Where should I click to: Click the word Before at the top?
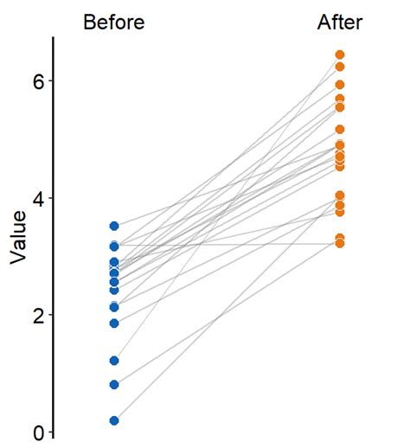(x=113, y=22)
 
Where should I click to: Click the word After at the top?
(x=340, y=22)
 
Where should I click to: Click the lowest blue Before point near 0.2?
(x=114, y=420)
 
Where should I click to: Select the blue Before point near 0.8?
(x=114, y=385)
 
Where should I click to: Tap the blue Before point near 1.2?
(x=114, y=361)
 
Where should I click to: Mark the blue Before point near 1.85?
(x=114, y=323)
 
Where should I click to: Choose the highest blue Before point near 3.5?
(x=114, y=226)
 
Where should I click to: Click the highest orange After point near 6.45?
(x=340, y=54)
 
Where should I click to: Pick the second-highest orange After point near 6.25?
(x=340, y=67)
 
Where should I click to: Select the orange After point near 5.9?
(x=340, y=85)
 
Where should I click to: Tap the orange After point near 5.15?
(x=340, y=130)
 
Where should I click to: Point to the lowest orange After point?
(x=340, y=244)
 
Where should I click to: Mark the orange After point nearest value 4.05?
(x=340, y=195)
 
